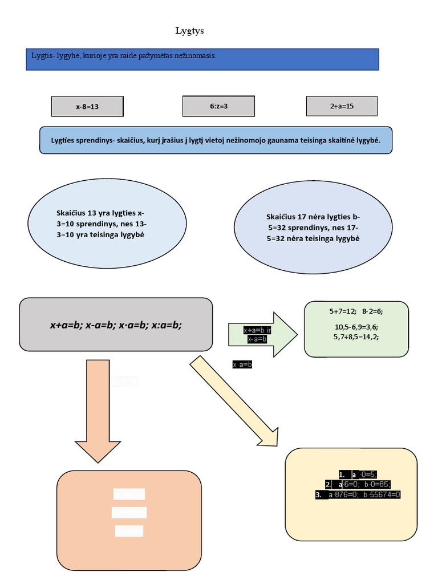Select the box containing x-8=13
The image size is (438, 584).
point(87,107)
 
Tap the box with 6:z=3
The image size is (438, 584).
point(218,106)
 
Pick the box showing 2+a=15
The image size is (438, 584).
point(342,106)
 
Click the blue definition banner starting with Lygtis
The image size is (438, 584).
point(202,59)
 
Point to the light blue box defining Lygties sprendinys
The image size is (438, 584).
point(216,140)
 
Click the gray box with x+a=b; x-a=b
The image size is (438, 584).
point(116,325)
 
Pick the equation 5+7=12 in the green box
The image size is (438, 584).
point(342,311)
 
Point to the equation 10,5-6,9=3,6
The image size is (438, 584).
point(356,327)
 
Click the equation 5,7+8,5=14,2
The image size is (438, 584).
point(356,336)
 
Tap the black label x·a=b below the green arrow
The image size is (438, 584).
point(242,364)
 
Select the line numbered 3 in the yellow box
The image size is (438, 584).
point(358,494)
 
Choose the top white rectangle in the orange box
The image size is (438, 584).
point(129,494)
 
